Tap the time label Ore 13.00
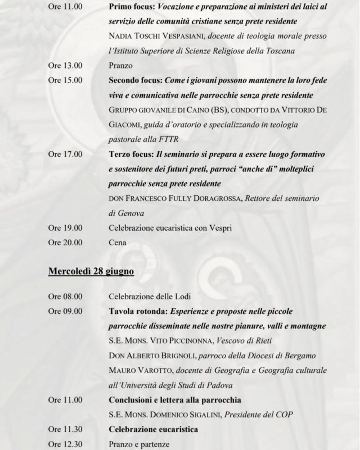[65, 65]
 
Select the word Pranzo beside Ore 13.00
[121, 65]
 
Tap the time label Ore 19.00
[65, 228]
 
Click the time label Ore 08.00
[65, 296]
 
